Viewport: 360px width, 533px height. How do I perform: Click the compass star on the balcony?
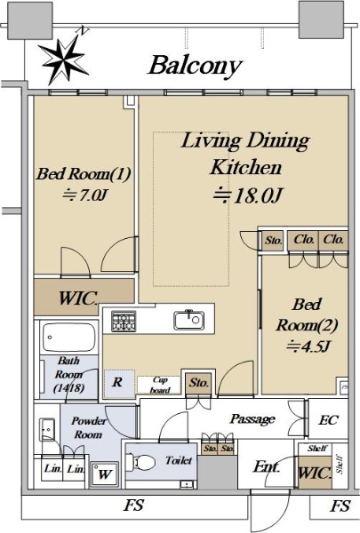(x=64, y=60)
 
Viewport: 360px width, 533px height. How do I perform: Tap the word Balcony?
(x=196, y=67)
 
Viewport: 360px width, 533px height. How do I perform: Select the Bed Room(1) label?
(x=84, y=174)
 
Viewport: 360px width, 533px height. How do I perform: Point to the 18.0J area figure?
(x=248, y=195)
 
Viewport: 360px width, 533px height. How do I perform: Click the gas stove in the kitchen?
(x=124, y=322)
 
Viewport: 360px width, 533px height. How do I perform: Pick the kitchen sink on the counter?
(x=189, y=320)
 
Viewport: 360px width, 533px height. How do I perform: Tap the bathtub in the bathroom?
(x=68, y=338)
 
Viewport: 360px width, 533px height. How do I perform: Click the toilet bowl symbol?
(x=140, y=462)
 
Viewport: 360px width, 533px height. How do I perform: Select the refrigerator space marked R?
(x=117, y=382)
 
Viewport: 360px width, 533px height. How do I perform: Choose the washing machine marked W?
(x=105, y=473)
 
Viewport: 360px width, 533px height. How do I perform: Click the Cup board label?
(x=159, y=385)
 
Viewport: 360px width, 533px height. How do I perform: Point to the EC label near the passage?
(x=328, y=420)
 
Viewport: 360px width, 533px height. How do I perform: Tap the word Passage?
(x=252, y=419)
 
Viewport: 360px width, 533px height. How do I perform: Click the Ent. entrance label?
(x=267, y=467)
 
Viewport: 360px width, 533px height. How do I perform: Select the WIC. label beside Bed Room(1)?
(x=78, y=298)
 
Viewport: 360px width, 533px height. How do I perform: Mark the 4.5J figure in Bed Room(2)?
(x=308, y=346)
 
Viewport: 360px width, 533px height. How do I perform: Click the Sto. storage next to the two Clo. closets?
(x=274, y=241)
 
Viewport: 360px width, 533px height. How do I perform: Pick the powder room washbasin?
(x=47, y=429)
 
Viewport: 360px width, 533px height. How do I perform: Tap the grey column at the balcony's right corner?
(x=321, y=20)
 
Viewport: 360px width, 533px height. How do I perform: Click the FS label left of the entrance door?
(x=133, y=505)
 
